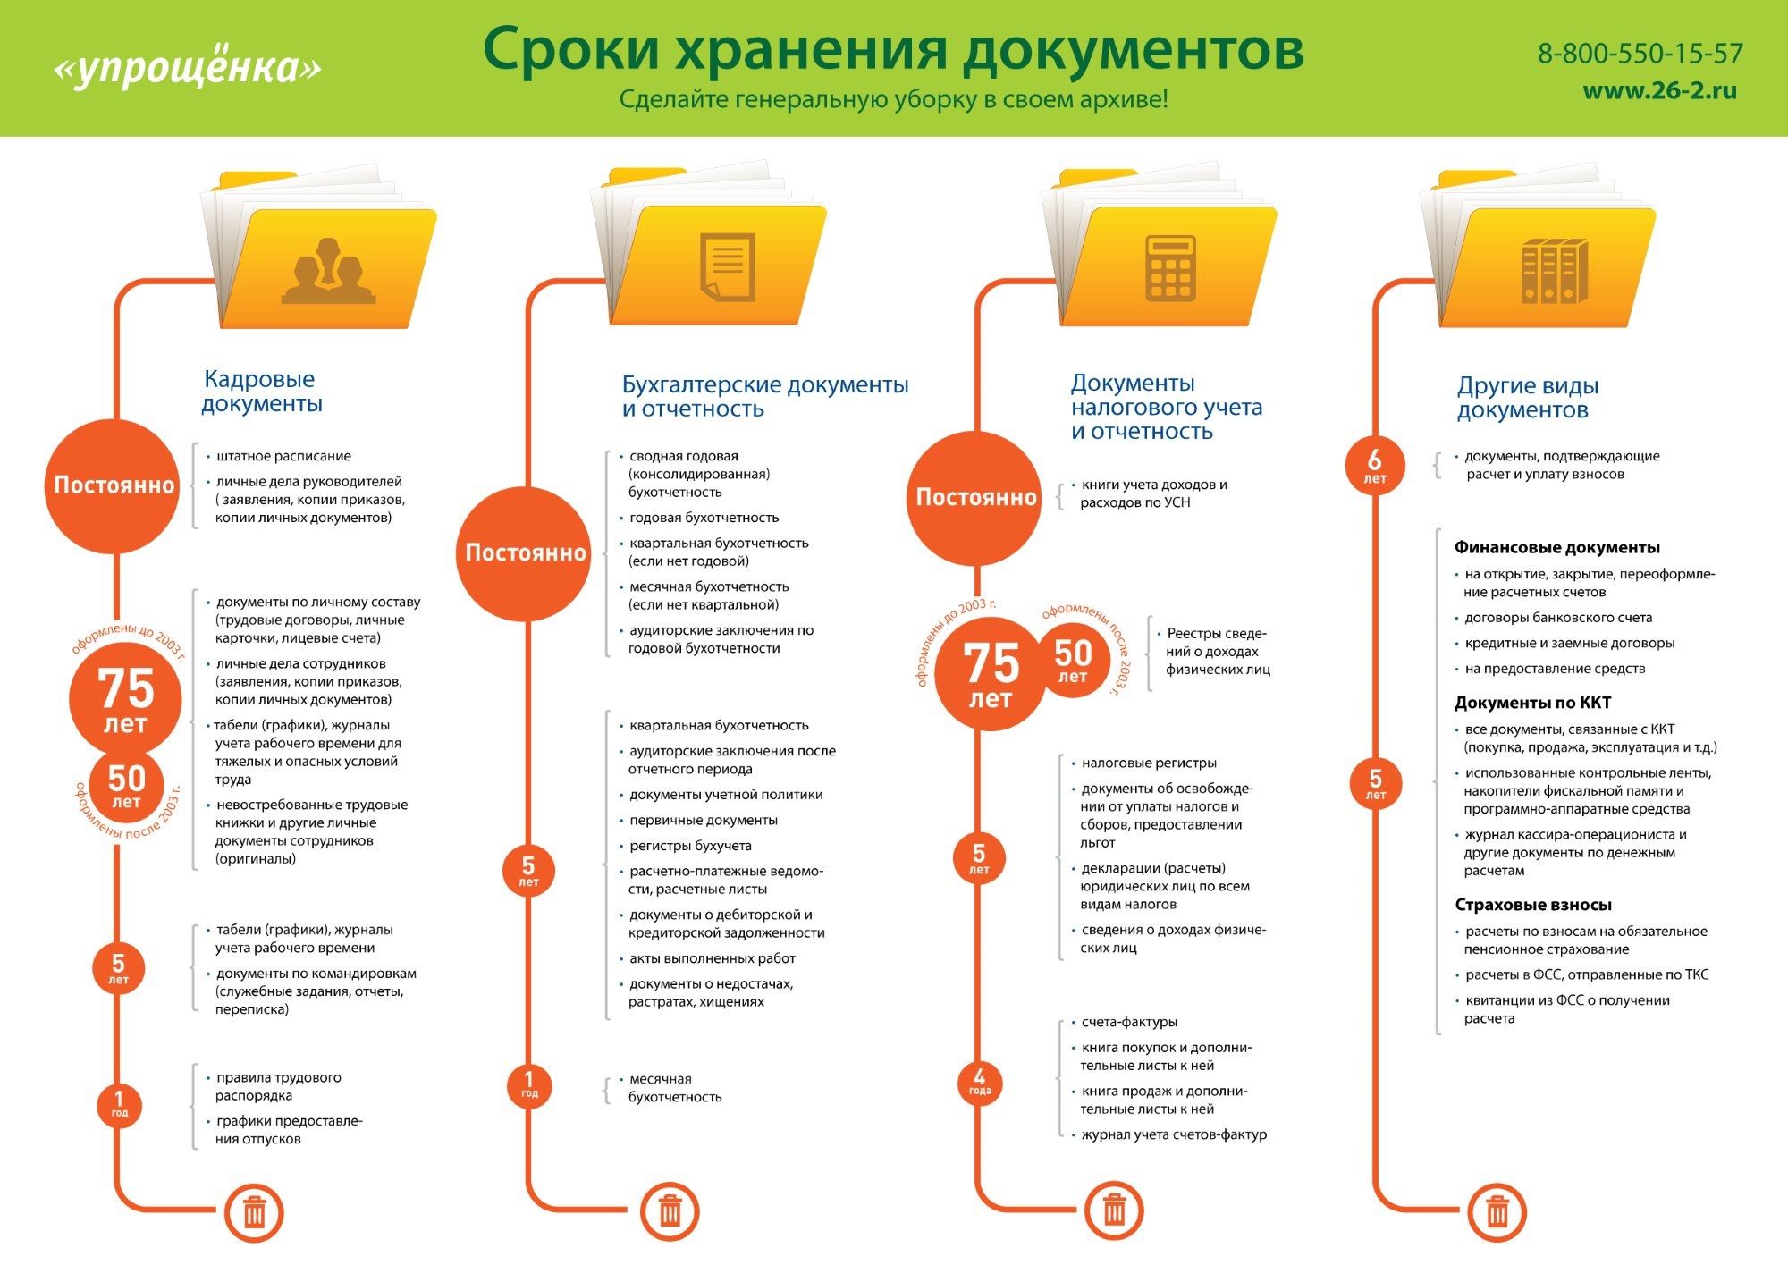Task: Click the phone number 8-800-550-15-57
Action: coord(1640,54)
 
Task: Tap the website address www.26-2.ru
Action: coord(1660,90)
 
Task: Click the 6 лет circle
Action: coord(1375,465)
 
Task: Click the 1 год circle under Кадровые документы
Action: coord(120,1103)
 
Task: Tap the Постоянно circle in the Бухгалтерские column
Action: coord(526,552)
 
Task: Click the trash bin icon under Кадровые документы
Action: coord(254,1213)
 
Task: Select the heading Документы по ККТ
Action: coord(1532,703)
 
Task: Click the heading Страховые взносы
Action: coord(1533,905)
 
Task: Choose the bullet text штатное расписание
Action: coord(283,456)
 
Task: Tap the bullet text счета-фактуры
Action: coord(1129,1022)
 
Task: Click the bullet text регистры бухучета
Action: coord(690,846)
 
